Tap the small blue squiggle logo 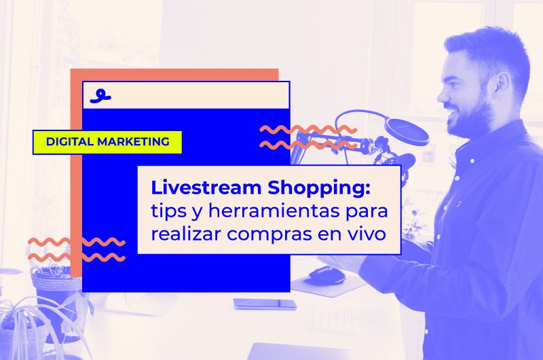pyautogui.click(x=100, y=96)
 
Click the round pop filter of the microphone pyautogui.click(x=407, y=131)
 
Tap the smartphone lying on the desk pyautogui.click(x=265, y=304)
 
